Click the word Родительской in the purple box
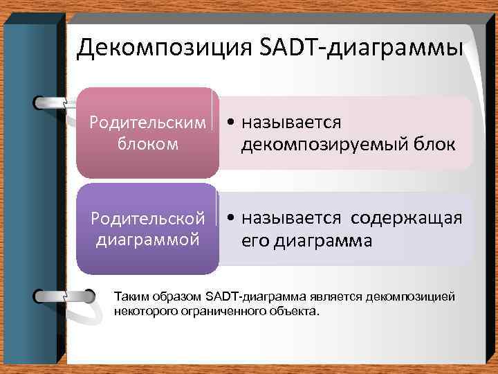pyautogui.click(x=149, y=218)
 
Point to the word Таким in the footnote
pyautogui.click(x=129, y=296)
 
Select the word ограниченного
pyautogui.click(x=216, y=311)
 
